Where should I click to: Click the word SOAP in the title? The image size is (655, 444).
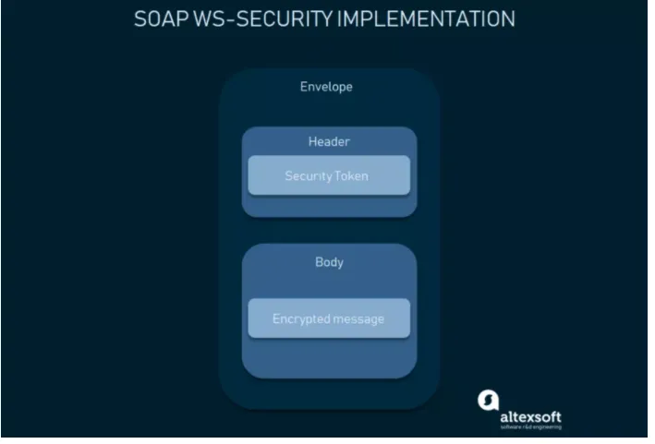tap(161, 18)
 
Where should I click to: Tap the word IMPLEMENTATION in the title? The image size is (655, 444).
tap(426, 18)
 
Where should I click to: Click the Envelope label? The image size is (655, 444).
tap(326, 87)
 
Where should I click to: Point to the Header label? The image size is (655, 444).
tap(329, 142)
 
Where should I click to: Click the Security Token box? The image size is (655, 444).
tap(329, 175)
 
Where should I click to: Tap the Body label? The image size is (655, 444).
tap(329, 262)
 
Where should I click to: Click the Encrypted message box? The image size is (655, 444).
tap(329, 318)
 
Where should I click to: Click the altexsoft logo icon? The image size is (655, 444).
tap(489, 401)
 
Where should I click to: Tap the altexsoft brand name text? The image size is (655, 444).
tap(530, 417)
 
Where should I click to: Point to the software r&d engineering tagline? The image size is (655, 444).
tap(530, 426)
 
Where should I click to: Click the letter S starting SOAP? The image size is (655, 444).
tap(140, 18)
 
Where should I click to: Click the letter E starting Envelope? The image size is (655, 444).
tap(303, 87)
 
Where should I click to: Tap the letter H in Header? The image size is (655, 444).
tap(311, 142)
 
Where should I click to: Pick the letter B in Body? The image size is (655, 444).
tap(319, 262)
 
